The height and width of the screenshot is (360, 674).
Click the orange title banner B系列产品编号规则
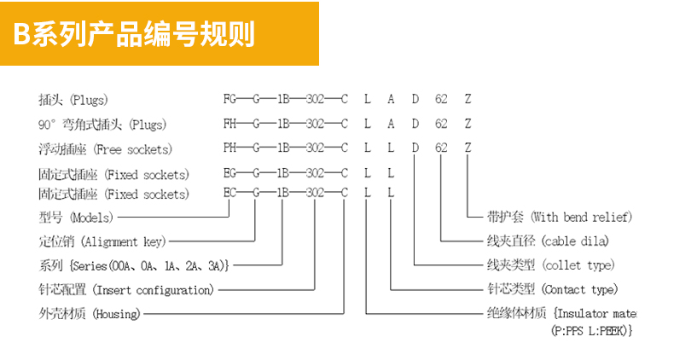click(159, 34)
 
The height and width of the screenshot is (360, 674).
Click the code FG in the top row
click(230, 99)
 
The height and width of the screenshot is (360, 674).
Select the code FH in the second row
click(230, 124)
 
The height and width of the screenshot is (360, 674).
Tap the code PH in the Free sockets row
click(230, 148)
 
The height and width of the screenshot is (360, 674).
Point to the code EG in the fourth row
click(230, 174)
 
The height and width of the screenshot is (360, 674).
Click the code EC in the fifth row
click(230, 194)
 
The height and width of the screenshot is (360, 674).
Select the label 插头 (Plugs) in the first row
click(73, 99)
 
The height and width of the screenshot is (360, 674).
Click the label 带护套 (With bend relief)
click(559, 218)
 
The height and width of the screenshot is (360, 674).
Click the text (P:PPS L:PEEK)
click(592, 330)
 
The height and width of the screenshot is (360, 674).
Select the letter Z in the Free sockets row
click(468, 148)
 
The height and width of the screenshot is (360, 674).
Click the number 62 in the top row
click(441, 99)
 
